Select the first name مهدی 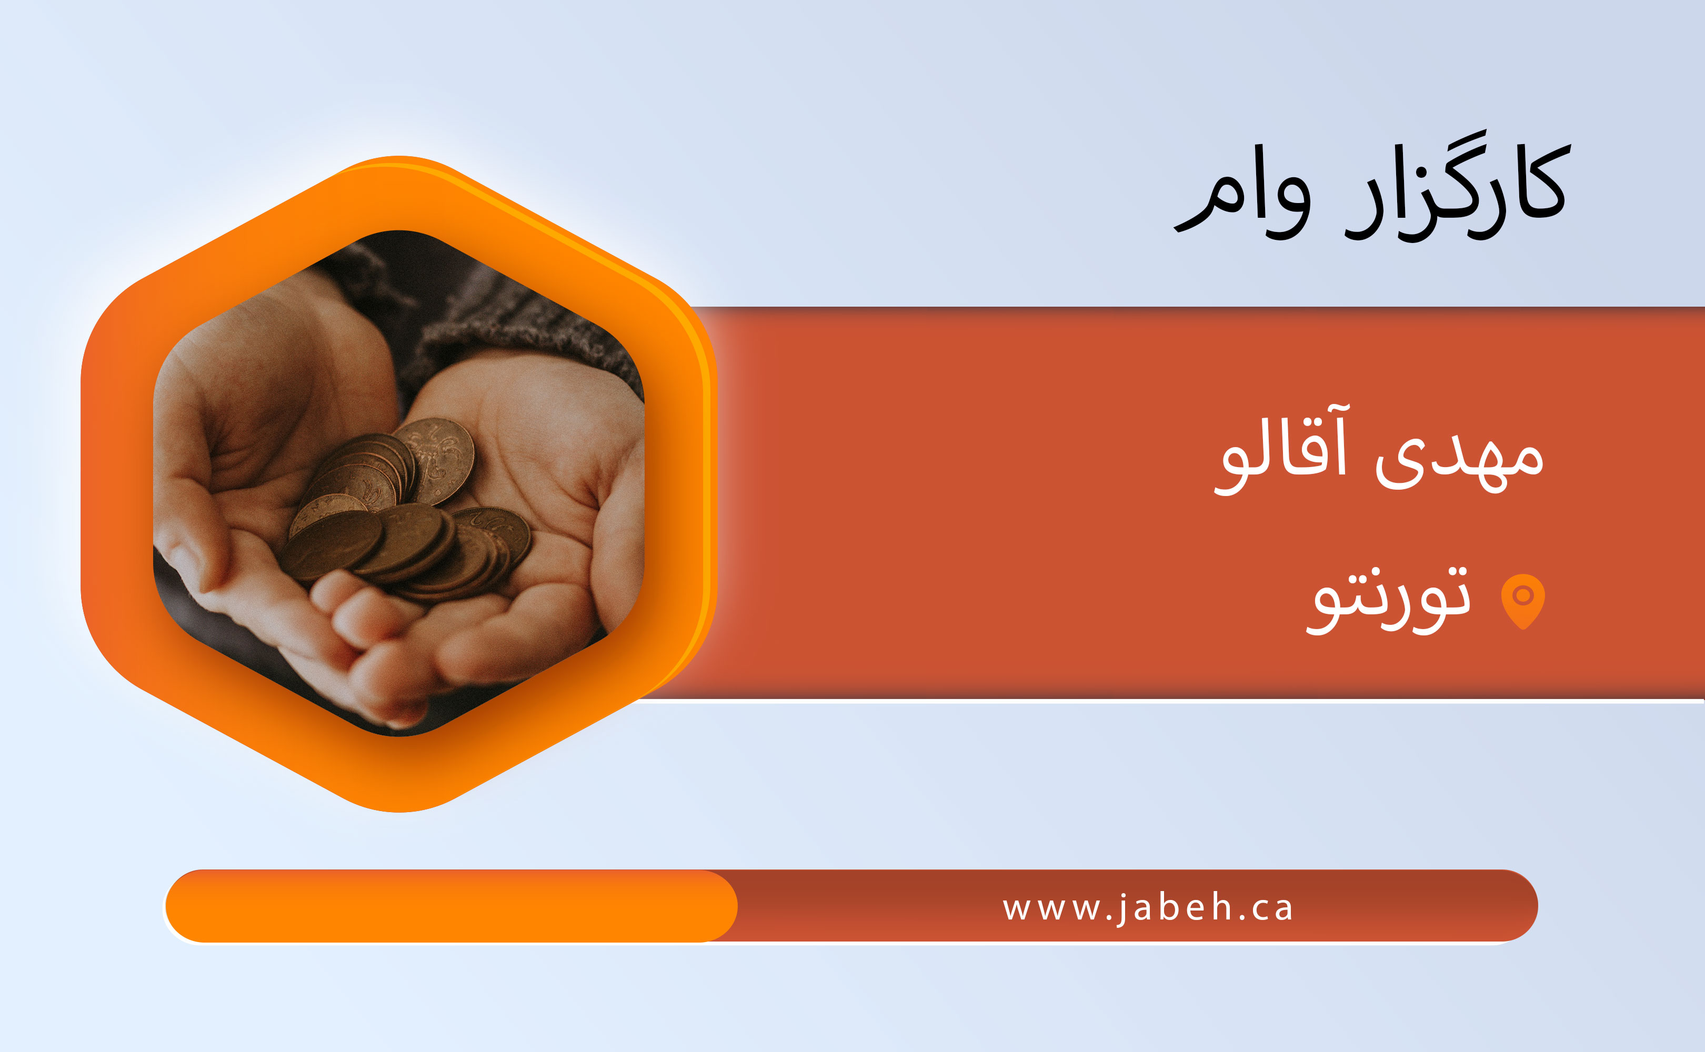[x=1460, y=459]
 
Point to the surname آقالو [x=1280, y=449]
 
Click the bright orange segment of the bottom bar [x=451, y=906]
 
